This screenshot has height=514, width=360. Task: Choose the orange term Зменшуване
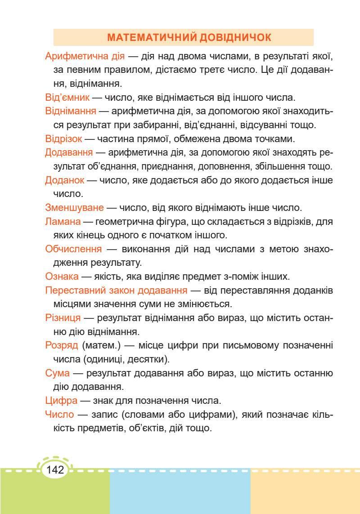[74, 208]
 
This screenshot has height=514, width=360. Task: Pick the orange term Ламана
[63, 222]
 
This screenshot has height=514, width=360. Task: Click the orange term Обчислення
[73, 249]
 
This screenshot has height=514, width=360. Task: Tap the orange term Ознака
[62, 277]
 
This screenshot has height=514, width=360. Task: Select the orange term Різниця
[63, 318]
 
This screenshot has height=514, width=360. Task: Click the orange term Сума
[58, 373]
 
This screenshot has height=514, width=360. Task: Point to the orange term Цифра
[62, 400]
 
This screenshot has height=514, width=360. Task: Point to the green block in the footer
[54, 495]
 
